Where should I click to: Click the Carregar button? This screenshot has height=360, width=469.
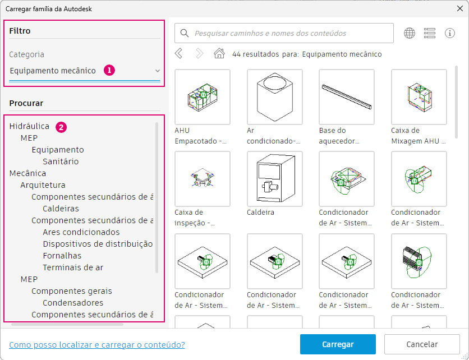[x=338, y=344]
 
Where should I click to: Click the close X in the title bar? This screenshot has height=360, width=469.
[x=460, y=8]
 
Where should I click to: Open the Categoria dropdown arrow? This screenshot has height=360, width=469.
[x=157, y=71]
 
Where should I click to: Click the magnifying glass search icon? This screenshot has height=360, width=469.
[x=185, y=33]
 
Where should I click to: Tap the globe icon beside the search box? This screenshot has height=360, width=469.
[x=410, y=33]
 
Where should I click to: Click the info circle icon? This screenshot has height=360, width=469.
[x=450, y=33]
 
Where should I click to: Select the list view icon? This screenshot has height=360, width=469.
[x=430, y=33]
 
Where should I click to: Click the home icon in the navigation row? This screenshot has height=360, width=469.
[x=219, y=54]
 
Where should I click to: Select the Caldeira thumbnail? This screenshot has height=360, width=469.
[x=274, y=179]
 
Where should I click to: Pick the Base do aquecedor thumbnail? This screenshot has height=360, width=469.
[x=347, y=97]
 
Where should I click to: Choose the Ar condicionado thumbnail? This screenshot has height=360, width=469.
[x=274, y=97]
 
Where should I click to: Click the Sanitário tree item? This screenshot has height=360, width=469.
[x=61, y=161]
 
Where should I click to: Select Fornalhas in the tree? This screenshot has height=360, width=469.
[x=62, y=256]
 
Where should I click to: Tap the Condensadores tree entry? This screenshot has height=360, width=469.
[x=73, y=303]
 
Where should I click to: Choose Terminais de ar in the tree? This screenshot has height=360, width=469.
[x=73, y=267]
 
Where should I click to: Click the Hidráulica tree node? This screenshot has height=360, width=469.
[x=29, y=126]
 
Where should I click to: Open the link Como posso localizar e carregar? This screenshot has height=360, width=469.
[x=97, y=345]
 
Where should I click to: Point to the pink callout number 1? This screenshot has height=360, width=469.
[x=109, y=70]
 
